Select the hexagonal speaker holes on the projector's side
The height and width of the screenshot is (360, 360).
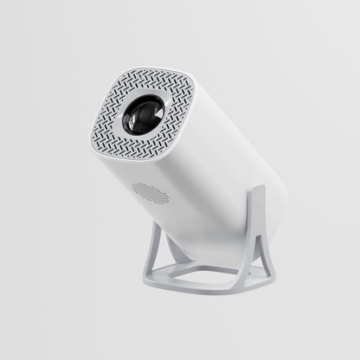pyautogui.click(x=151, y=192)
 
